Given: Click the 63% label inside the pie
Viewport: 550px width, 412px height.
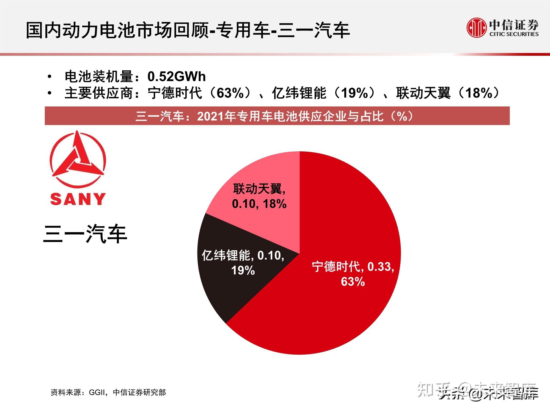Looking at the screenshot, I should (x=353, y=282).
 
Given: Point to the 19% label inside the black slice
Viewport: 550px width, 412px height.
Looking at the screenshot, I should (x=243, y=271).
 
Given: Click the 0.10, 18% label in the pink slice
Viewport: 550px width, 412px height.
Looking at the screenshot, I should (x=259, y=204).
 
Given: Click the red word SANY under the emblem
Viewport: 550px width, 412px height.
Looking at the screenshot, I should (x=78, y=199).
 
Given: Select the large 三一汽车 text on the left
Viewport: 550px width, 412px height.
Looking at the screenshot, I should (x=85, y=234).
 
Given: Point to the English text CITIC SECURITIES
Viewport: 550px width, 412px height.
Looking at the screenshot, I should (x=514, y=34).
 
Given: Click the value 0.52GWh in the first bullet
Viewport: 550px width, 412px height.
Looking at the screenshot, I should (x=177, y=77).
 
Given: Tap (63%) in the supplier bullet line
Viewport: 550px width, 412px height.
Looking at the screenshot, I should (x=230, y=93).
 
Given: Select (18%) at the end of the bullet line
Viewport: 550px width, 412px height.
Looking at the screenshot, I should (x=479, y=93).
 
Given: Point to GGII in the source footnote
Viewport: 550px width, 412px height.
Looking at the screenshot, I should (x=97, y=392).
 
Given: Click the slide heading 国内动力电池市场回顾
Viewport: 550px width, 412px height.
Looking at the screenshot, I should (x=118, y=30).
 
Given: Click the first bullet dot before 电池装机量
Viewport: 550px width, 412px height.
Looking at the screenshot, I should (x=50, y=77).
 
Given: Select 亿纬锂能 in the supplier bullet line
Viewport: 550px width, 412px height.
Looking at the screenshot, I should (x=299, y=93).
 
